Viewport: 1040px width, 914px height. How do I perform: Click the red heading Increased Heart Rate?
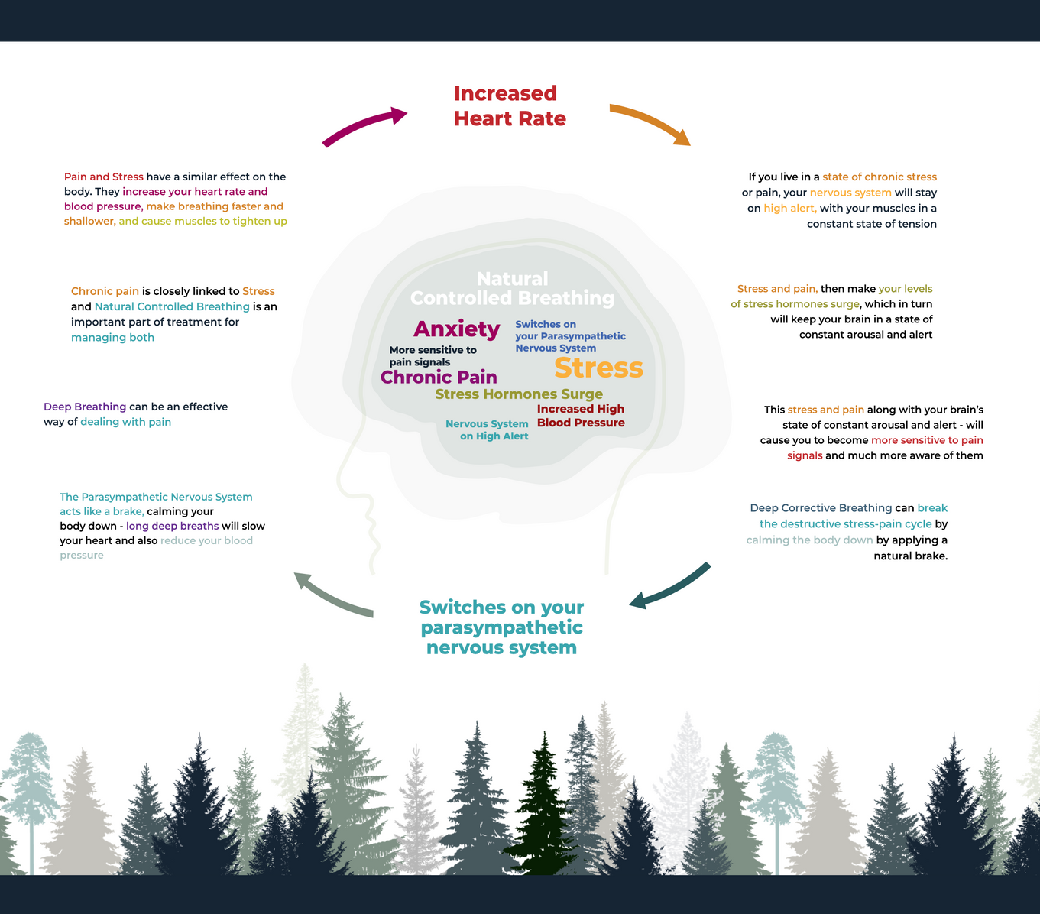pyautogui.click(x=510, y=105)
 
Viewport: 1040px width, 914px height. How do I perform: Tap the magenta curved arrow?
pyautogui.click(x=362, y=123)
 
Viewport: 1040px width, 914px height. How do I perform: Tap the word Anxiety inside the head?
pyautogui.click(x=456, y=329)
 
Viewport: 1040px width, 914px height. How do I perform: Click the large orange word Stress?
pyautogui.click(x=598, y=368)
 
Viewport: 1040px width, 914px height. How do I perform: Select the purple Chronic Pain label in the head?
pyautogui.click(x=439, y=378)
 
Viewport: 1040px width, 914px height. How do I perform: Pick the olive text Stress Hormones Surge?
pyautogui.click(x=519, y=394)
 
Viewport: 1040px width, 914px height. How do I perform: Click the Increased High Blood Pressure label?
pyautogui.click(x=581, y=416)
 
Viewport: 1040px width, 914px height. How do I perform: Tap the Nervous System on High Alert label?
pyautogui.click(x=487, y=429)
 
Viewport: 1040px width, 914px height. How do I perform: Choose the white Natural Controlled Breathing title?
pyautogui.click(x=512, y=289)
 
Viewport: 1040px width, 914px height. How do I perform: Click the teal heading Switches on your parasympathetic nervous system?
pyautogui.click(x=501, y=627)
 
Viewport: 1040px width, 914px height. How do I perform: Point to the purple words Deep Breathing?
pyautogui.click(x=85, y=407)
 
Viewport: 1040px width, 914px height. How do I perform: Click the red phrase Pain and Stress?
pyautogui.click(x=104, y=177)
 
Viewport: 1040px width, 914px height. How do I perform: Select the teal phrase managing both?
pyautogui.click(x=112, y=337)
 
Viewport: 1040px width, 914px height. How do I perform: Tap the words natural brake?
pyautogui.click(x=910, y=556)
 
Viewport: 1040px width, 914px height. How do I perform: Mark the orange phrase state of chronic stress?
pyautogui.click(x=880, y=177)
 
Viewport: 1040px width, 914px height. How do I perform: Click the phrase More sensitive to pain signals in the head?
pyautogui.click(x=433, y=356)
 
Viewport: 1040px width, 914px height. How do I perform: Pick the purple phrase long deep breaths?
pyautogui.click(x=173, y=526)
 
